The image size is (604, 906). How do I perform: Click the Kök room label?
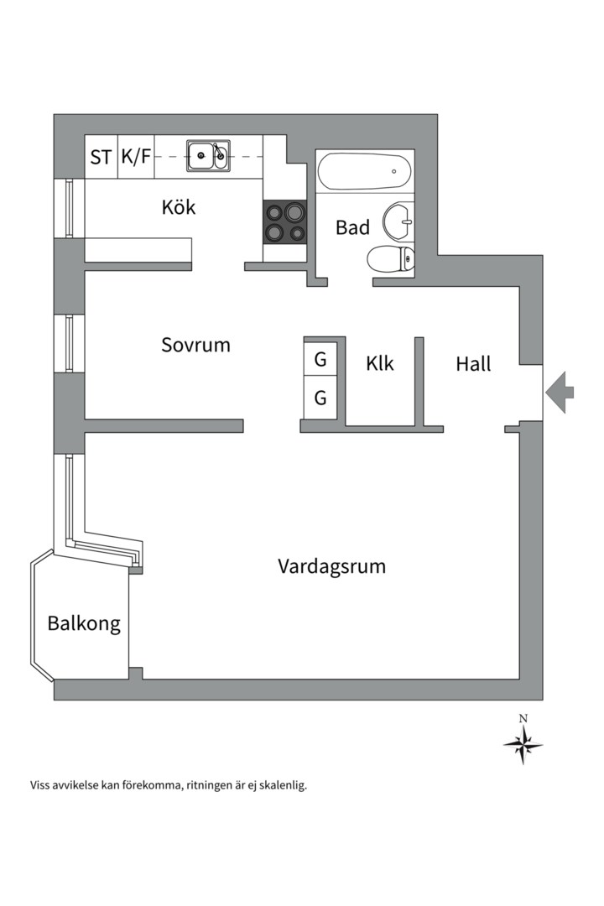(x=179, y=207)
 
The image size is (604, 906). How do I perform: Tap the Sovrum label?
(x=195, y=345)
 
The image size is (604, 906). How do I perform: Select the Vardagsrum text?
(x=331, y=566)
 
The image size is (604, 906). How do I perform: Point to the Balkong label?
(x=84, y=624)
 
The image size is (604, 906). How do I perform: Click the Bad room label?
(x=352, y=227)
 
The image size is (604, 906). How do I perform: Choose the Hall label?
(x=473, y=364)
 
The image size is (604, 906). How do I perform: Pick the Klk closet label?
(x=380, y=364)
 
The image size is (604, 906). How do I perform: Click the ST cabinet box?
(x=102, y=157)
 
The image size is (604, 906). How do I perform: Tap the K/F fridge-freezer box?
(x=136, y=157)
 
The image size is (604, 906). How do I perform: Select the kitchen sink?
(x=207, y=156)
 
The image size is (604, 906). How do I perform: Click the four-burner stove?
(x=285, y=222)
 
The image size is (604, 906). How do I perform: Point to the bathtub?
(x=365, y=171)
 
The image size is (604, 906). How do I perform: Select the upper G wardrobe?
(x=320, y=360)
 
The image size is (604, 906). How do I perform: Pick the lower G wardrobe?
(x=320, y=398)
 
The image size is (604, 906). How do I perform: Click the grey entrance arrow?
(x=560, y=391)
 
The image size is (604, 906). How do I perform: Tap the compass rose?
(x=523, y=744)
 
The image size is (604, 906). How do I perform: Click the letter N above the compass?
(x=523, y=718)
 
